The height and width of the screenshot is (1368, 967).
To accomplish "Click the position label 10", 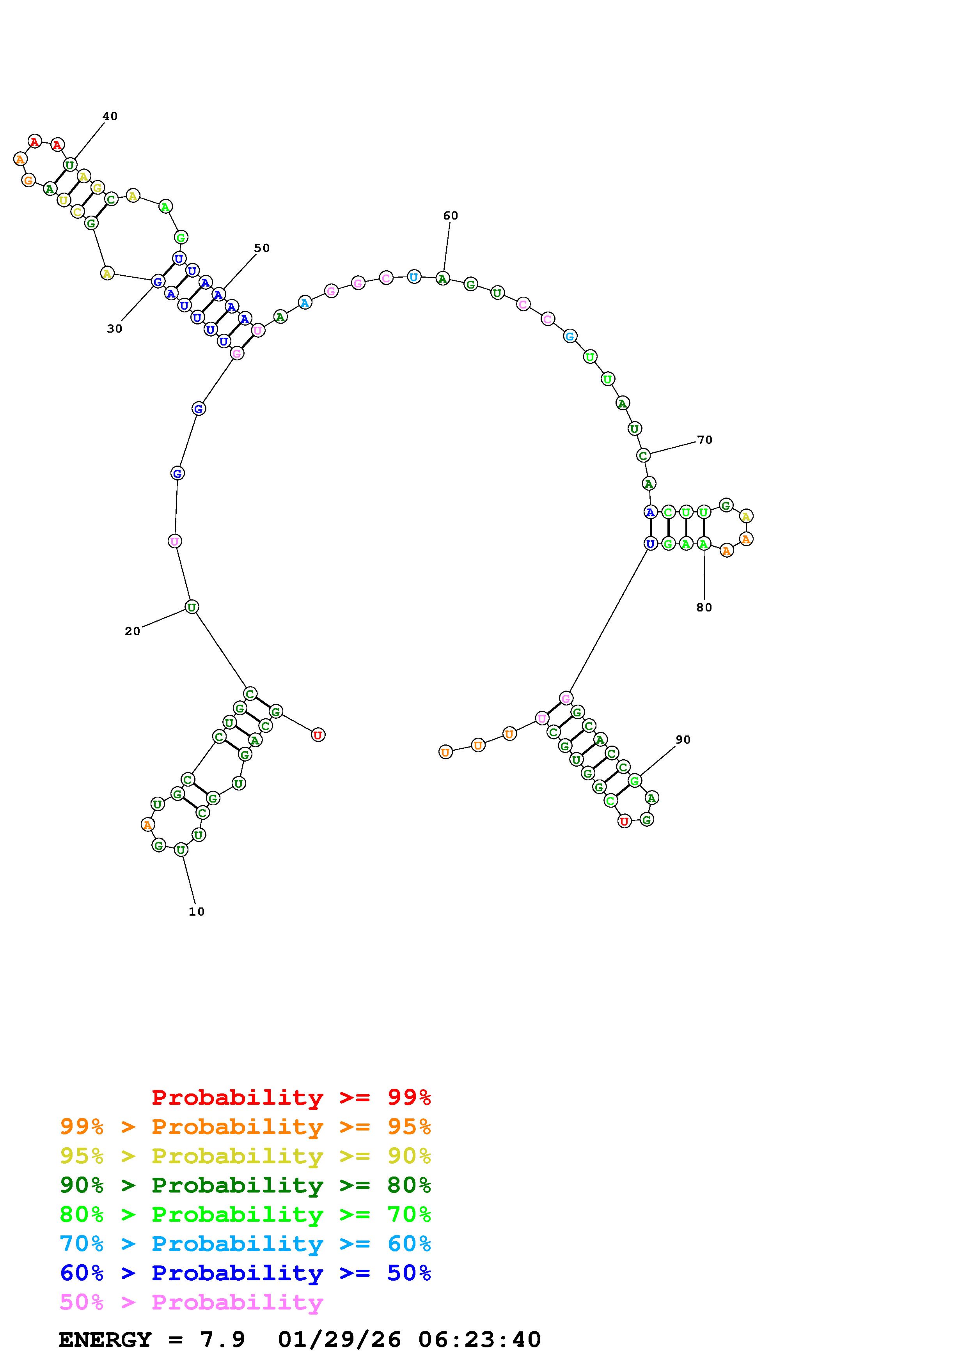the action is click(197, 912).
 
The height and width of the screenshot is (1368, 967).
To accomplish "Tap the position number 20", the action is click(132, 632).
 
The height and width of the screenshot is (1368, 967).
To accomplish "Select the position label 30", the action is click(114, 329).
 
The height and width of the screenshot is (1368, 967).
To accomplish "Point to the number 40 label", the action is click(110, 116).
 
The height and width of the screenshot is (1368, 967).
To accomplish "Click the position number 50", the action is click(262, 248).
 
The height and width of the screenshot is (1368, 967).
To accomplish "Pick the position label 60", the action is click(451, 216).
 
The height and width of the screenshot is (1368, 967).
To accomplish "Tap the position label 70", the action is click(705, 440).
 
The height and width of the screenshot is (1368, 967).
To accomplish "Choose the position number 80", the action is click(704, 608).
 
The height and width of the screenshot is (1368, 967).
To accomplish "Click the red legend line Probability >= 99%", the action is click(291, 1097).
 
